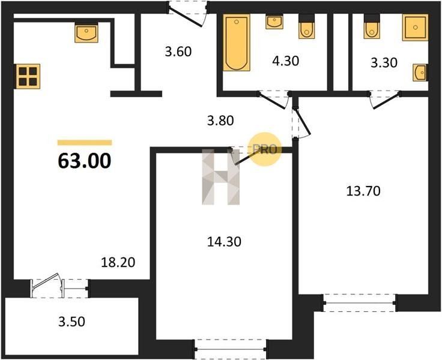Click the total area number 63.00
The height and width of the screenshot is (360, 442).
click(84, 161)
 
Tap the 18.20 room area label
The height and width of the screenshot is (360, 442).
click(118, 263)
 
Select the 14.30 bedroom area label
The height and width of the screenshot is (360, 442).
click(224, 242)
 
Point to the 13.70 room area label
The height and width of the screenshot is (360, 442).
click(363, 191)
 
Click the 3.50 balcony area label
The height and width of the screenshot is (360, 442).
click(71, 322)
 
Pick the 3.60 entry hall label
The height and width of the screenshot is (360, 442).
click(178, 52)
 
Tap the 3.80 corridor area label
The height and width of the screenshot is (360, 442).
click(220, 121)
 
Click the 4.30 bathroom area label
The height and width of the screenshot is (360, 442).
click(285, 61)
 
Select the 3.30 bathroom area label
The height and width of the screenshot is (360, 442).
click(384, 62)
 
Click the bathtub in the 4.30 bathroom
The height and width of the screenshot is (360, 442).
click(237, 42)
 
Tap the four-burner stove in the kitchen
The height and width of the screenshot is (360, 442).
click(28, 76)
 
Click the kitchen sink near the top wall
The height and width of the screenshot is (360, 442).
click(86, 33)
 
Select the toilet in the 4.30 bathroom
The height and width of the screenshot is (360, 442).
click(306, 26)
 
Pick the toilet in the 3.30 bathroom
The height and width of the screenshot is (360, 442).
click(372, 26)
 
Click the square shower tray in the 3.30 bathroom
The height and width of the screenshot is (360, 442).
click(415, 28)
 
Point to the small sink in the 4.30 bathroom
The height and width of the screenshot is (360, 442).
click(274, 22)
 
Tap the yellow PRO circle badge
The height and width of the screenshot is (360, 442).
click(264, 149)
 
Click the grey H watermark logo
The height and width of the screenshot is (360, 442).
click(221, 177)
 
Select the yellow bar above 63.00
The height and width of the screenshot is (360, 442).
click(85, 143)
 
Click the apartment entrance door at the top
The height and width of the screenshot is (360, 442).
click(188, 14)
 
